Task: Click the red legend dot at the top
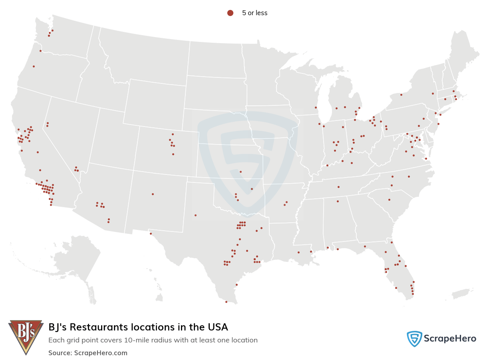(230, 13)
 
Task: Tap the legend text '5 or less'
(254, 13)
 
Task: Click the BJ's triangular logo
(26, 336)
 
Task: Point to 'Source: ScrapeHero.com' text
(88, 353)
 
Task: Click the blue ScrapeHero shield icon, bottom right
(414, 339)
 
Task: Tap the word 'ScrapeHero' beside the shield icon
(450, 339)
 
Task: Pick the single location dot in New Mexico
(153, 194)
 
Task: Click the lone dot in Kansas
(241, 172)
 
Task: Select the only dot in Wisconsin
(316, 107)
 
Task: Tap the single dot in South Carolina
(389, 200)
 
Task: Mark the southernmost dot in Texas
(226, 302)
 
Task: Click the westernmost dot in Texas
(151, 234)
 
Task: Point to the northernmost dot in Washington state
(52, 30)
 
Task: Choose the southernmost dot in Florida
(413, 294)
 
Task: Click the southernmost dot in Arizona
(108, 222)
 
